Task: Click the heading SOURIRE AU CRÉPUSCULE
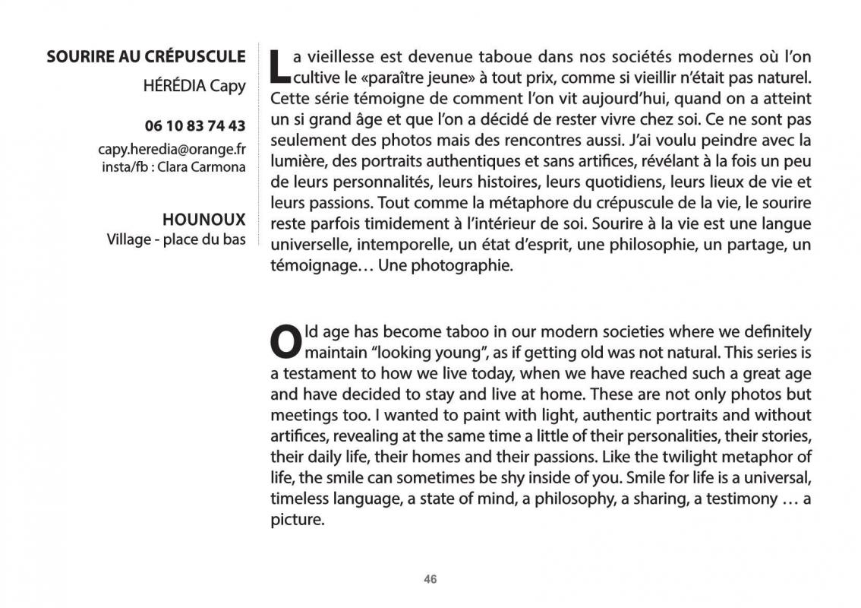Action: point(146,56)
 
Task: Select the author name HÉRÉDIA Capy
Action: point(194,85)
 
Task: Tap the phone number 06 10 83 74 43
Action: point(195,126)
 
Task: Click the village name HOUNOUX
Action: point(204,220)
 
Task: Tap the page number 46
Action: point(430,579)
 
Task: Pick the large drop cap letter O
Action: point(285,342)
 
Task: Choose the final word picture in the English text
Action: point(297,521)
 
